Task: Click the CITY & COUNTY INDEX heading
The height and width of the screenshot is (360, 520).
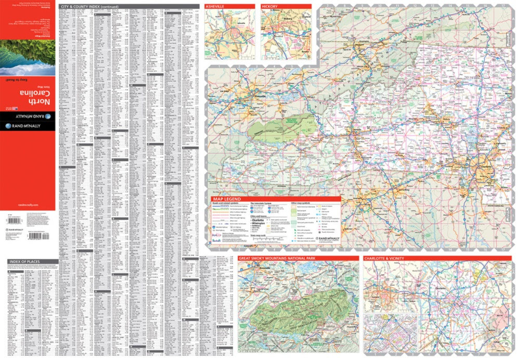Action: (x=89, y=6)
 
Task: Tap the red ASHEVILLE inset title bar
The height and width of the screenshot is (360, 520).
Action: (x=229, y=6)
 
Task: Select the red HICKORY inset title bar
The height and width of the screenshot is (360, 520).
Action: (x=285, y=6)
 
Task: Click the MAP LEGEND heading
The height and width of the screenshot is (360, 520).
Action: (x=226, y=199)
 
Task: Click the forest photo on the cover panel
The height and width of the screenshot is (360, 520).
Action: (x=27, y=57)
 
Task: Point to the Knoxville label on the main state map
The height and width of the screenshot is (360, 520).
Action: (x=245, y=97)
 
